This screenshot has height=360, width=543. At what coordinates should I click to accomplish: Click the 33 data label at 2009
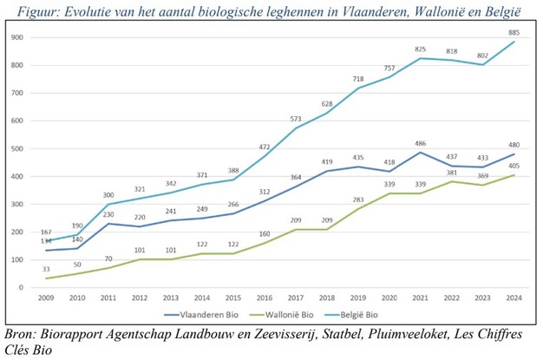point(47,270)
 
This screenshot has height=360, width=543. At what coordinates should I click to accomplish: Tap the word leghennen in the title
point(288,10)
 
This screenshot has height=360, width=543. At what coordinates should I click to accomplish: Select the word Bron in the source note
point(19,332)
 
